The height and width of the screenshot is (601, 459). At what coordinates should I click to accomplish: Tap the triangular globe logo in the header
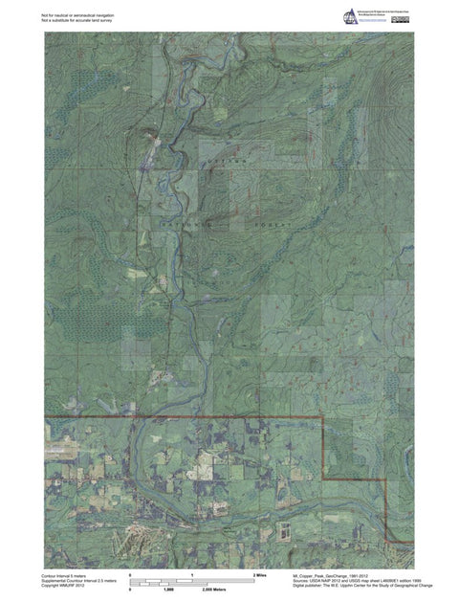coord(349,16)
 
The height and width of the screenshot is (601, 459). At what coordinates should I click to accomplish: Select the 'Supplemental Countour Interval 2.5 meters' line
coord(79,581)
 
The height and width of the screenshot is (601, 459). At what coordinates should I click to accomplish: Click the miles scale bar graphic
coord(194,581)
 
